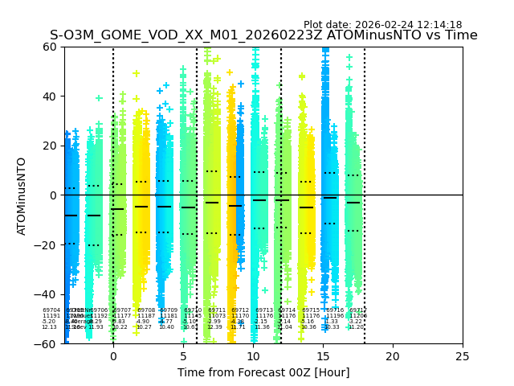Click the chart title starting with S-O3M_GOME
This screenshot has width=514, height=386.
(x=263, y=35)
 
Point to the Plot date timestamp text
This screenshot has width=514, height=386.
(x=382, y=25)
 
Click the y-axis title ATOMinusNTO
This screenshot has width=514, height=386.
(x=22, y=195)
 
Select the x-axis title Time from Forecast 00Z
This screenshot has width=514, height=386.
(x=263, y=372)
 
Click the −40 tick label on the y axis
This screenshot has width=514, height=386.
(x=47, y=294)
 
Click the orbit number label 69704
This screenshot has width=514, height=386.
(x=51, y=310)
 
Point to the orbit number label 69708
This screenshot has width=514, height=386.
(x=146, y=310)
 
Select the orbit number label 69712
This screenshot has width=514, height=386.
(x=240, y=310)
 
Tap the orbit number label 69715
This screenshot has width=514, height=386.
(x=311, y=310)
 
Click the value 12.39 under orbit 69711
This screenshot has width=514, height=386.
(x=215, y=327)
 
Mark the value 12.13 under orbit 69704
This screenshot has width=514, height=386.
(x=50, y=327)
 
